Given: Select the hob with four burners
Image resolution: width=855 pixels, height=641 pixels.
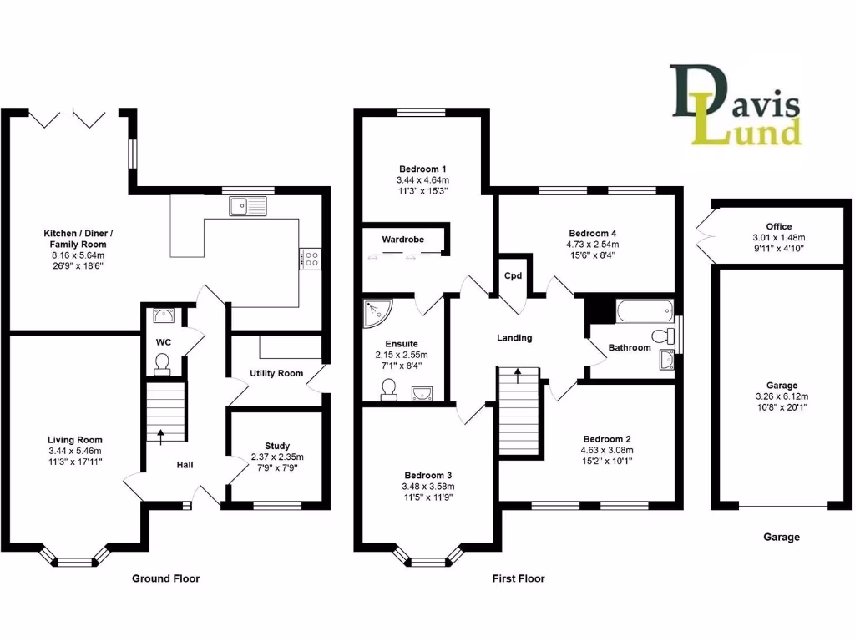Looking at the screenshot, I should click(310, 259).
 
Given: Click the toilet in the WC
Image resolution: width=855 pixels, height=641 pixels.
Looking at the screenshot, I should click(162, 363).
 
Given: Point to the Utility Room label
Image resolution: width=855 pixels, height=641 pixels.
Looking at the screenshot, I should click(276, 373).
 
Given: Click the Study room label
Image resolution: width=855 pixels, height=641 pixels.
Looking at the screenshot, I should click(278, 446).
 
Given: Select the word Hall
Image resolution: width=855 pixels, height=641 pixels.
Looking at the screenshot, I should click(185, 464).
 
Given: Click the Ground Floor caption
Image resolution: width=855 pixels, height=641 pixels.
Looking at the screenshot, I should click(166, 578).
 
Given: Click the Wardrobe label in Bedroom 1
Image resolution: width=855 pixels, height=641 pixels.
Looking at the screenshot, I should click(402, 240).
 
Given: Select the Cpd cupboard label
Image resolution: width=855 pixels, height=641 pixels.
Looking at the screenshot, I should click(511, 277).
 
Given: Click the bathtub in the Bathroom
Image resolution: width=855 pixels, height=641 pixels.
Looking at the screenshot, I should click(643, 312).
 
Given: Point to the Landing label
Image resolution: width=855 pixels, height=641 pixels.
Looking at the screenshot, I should click(514, 338).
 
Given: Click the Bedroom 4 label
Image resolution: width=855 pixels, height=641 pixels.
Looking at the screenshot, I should click(593, 233).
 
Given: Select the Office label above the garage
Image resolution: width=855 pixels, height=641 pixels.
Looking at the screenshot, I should click(778, 227).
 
